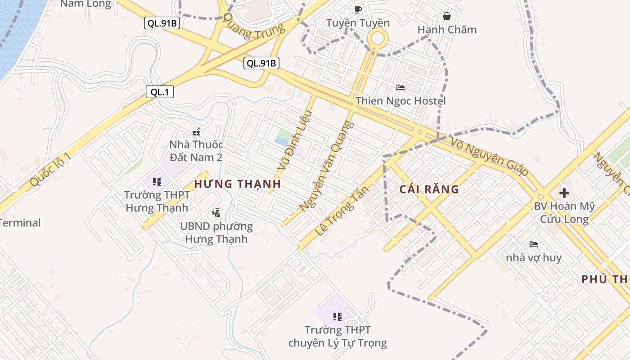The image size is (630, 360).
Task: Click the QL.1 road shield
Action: [160, 92]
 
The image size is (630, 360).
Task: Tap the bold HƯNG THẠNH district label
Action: [238, 184]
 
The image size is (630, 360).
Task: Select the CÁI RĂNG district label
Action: [429, 189]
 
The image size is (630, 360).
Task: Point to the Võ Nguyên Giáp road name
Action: [489, 156]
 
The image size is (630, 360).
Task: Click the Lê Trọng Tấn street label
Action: [342, 211]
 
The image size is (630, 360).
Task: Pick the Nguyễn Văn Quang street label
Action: [327, 166]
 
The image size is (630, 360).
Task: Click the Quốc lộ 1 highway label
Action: [50, 169]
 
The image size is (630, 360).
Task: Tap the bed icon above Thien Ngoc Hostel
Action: [400, 87]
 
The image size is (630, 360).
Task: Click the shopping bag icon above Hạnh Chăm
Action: [447, 16]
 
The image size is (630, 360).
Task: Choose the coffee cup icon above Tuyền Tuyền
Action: [358, 9]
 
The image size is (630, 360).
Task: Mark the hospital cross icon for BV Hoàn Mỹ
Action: [564, 193]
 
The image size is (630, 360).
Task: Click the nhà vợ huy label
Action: [534, 258]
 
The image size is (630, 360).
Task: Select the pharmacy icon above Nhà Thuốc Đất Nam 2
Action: [196, 132]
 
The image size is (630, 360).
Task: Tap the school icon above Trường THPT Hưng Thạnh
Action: [157, 182]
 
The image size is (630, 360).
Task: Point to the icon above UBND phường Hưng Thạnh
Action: [216, 212]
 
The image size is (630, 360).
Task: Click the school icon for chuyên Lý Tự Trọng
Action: [337, 317]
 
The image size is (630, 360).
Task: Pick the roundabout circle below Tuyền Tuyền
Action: [378, 38]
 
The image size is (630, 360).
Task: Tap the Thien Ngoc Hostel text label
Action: [400, 101]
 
